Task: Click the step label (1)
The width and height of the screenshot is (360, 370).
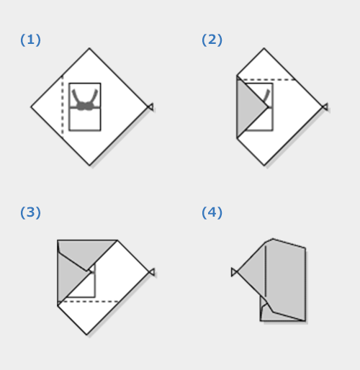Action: [30, 40]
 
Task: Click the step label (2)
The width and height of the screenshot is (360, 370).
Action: [212, 40]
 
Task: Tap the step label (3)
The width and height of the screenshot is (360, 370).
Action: [30, 212]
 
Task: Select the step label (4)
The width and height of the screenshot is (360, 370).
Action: [212, 212]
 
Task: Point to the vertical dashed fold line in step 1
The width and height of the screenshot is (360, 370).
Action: [63, 107]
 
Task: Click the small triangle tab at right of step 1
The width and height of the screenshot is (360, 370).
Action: [150, 107]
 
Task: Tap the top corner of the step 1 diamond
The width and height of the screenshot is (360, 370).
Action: [89, 48]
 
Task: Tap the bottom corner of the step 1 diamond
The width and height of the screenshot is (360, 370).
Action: [89, 166]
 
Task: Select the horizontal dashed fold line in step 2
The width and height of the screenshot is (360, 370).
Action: [266, 80]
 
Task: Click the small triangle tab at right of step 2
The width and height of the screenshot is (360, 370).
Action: [325, 107]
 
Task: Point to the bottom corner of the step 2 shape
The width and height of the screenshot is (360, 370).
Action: [264, 166]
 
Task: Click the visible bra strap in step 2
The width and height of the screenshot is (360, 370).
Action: [266, 96]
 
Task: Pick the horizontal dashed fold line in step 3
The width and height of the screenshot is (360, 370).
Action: [89, 302]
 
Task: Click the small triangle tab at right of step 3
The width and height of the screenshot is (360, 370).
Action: [152, 272]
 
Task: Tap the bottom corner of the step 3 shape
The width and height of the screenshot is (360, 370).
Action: [87, 335]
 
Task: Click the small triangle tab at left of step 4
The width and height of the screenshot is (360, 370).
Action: [234, 272]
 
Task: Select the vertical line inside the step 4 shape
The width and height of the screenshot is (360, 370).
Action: [266, 271]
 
